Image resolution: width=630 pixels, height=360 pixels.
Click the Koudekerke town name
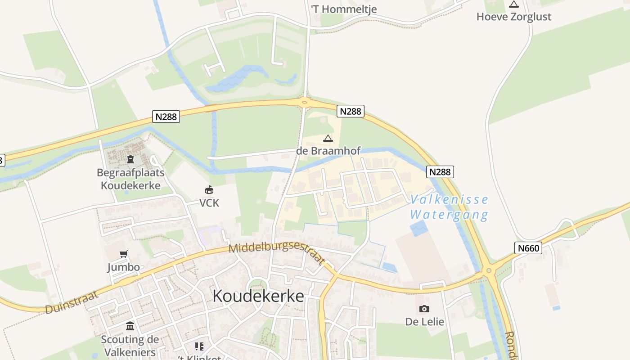pos(258,296)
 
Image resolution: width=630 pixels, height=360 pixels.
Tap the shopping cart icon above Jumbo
pos(124,254)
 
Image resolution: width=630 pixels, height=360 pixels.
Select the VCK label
pos(209,203)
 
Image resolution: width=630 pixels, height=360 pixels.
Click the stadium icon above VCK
pos(209,190)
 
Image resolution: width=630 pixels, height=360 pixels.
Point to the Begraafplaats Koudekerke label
pos(130,179)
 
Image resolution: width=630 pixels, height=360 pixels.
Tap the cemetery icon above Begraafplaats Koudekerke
pos(130,159)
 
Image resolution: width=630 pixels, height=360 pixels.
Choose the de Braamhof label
pos(328,151)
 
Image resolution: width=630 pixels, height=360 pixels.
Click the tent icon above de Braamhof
pos(328,138)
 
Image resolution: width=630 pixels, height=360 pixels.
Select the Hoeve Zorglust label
pos(513,17)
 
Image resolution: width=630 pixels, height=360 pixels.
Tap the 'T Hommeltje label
pos(344,9)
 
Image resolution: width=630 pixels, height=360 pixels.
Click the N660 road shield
pos(528,247)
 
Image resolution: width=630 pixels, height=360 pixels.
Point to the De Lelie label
pos(424,322)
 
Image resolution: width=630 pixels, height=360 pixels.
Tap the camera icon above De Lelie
pos(424,309)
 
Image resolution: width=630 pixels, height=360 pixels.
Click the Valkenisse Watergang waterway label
pos(449,207)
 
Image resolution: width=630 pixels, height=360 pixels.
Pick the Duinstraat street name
pos(72,303)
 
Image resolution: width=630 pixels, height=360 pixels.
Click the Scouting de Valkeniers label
pos(130,345)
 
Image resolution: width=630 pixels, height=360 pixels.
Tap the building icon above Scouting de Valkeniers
pos(130,326)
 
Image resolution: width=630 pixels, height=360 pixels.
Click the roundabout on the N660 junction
pos(489,271)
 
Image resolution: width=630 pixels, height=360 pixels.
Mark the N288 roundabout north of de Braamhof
pos(305,103)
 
